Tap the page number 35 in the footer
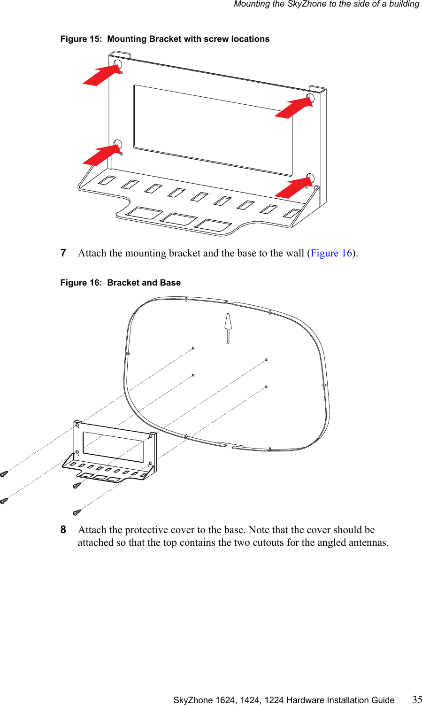coord(417,699)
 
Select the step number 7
coord(63,253)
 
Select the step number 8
coord(63,530)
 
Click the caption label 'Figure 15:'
coord(81,39)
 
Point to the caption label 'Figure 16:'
coord(81,283)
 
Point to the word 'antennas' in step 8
coord(369,542)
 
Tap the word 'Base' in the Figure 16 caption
coord(170,283)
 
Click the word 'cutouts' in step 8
coord(269,542)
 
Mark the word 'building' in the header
coord(404,4)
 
